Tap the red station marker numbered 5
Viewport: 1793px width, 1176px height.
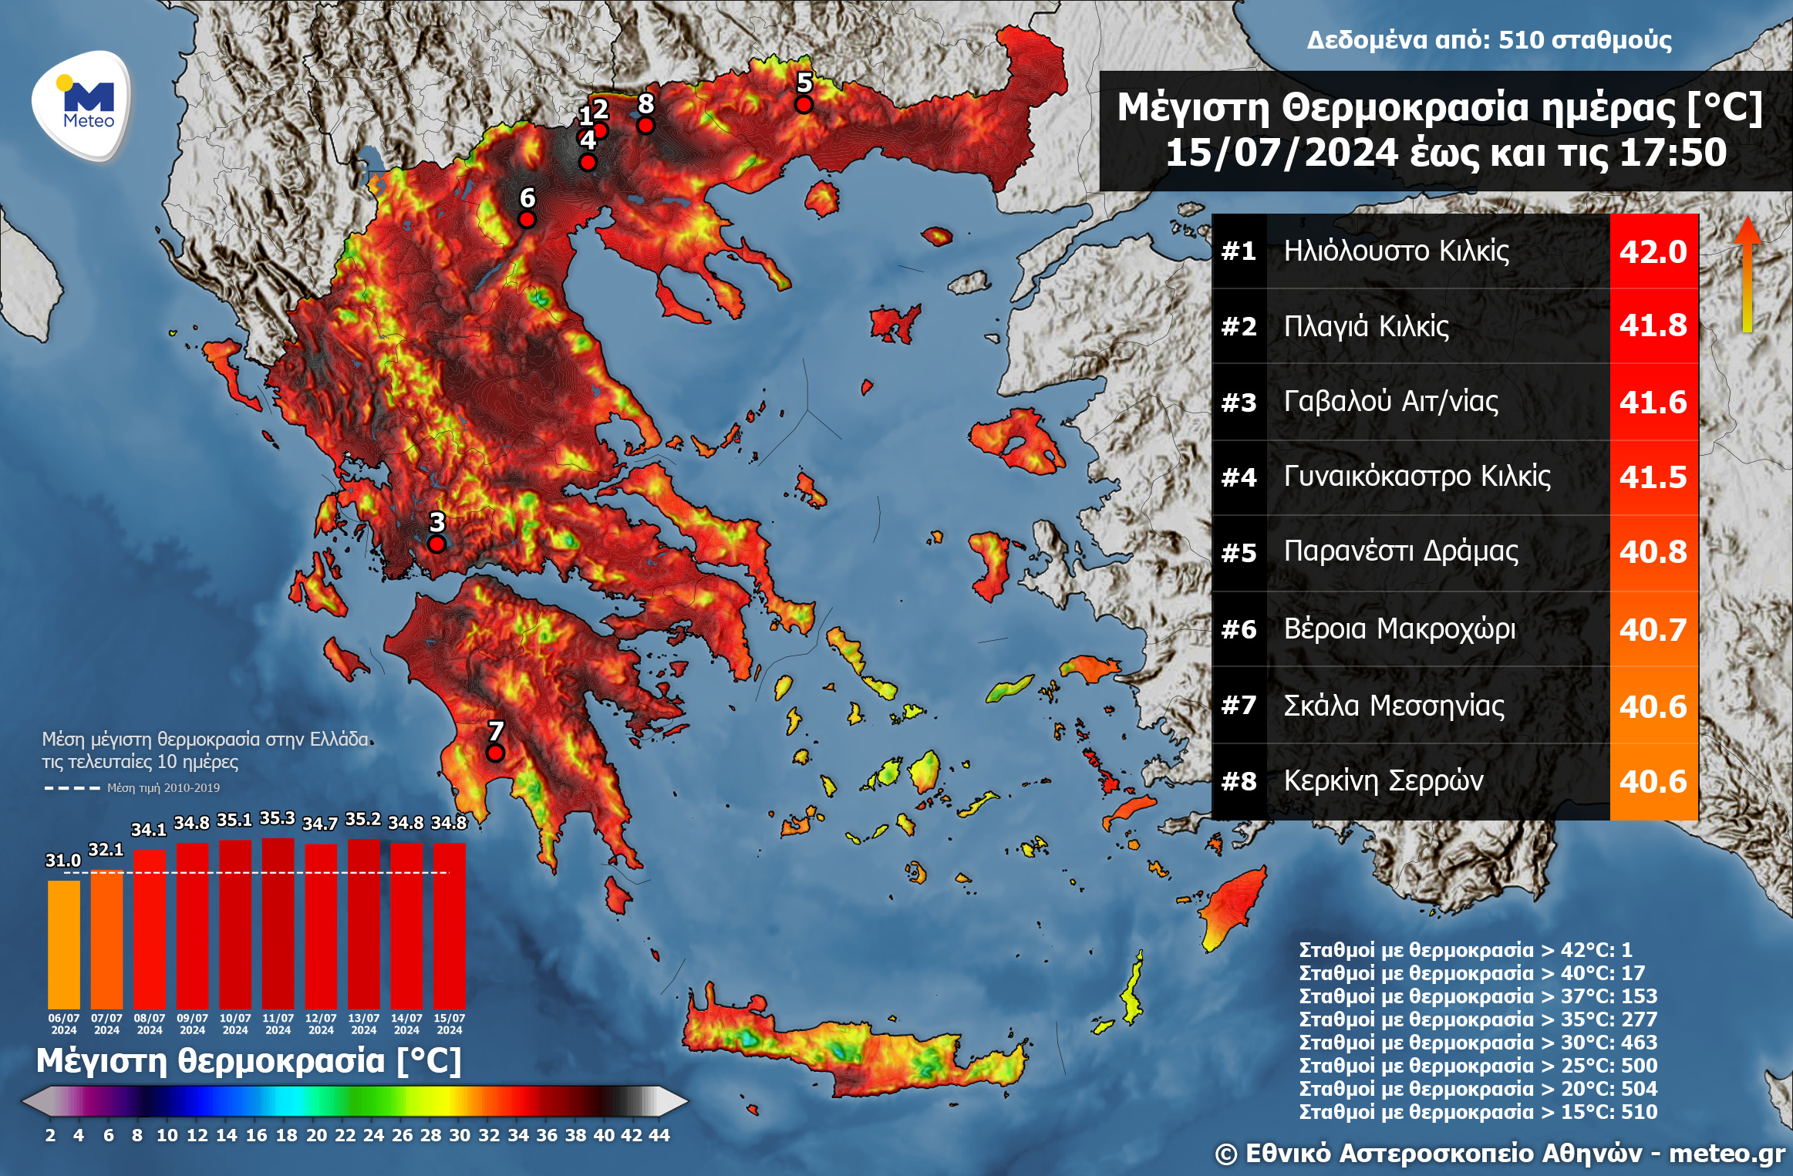tap(804, 104)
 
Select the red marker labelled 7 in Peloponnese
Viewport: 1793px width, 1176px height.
tap(495, 753)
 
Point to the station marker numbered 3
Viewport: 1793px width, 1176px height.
tap(436, 544)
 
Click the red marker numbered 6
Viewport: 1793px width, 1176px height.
tap(527, 220)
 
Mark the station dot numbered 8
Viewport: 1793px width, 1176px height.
tap(645, 125)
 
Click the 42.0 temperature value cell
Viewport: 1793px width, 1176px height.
tap(1653, 251)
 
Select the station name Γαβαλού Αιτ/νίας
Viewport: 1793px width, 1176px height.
tap(1390, 402)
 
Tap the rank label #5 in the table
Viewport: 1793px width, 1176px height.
tap(1239, 553)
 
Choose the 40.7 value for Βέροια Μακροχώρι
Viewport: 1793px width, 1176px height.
tap(1653, 629)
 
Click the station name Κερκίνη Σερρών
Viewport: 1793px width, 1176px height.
tap(1383, 781)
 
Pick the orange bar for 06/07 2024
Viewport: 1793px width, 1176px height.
tap(64, 945)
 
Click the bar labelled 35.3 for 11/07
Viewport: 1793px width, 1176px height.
tap(278, 924)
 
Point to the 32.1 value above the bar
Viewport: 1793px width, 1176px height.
tap(106, 850)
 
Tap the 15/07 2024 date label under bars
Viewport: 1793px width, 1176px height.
tap(449, 1024)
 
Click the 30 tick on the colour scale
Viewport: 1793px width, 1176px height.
tap(460, 1135)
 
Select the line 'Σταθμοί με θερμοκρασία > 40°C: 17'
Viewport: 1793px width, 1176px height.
tap(1471, 973)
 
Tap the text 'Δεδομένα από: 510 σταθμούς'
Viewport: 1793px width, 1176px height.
tap(1488, 40)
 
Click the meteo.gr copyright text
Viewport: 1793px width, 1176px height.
tap(1499, 1154)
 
